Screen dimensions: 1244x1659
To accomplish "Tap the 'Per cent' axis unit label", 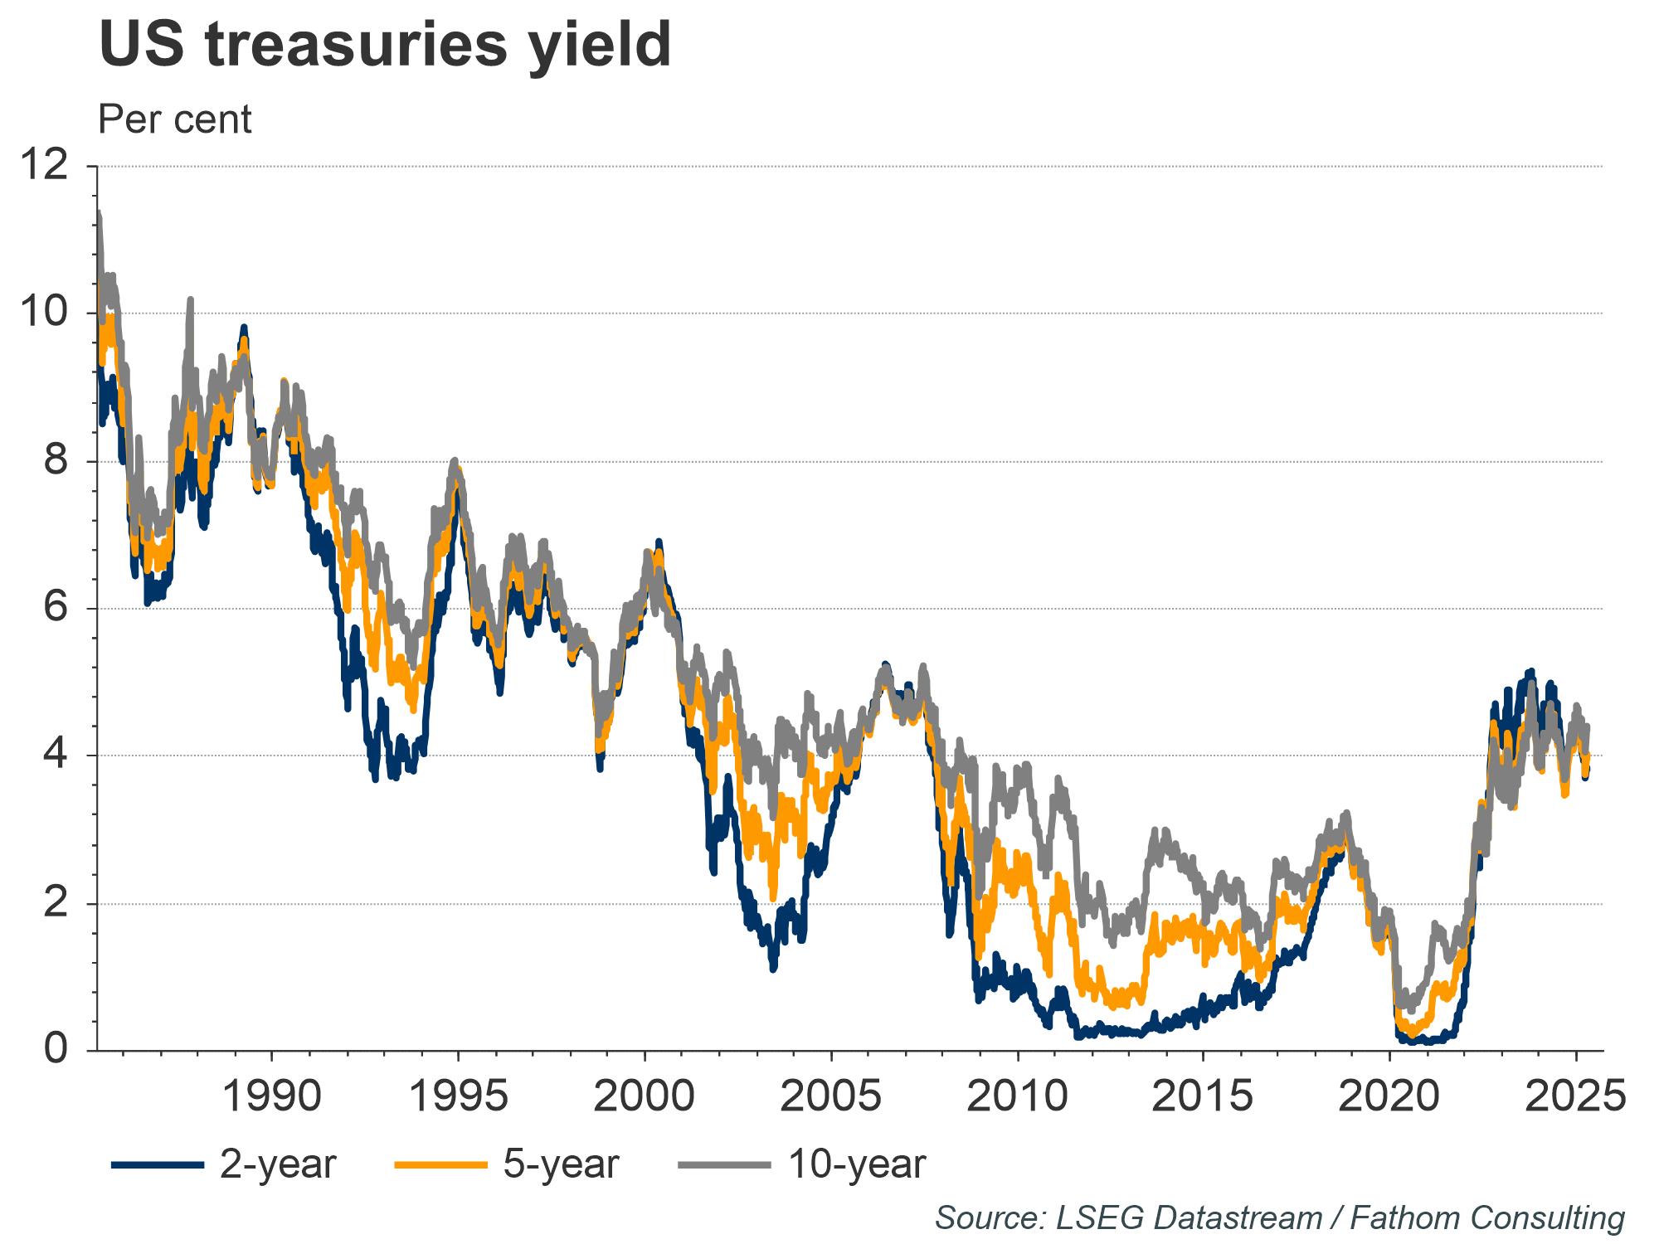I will click(x=175, y=119).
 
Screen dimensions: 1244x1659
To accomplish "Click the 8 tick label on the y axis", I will click(x=56, y=461).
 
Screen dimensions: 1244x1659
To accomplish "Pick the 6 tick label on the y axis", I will click(x=56, y=609).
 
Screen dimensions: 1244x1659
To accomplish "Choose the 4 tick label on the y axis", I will click(x=56, y=756).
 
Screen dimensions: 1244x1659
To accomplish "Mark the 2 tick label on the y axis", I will click(x=56, y=903).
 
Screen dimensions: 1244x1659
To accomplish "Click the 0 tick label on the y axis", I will click(x=56, y=1050).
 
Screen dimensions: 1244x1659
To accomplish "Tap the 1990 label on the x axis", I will click(x=272, y=1096).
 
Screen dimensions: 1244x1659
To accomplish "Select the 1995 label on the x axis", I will click(x=459, y=1096).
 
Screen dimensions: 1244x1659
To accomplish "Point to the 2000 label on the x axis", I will click(x=645, y=1096).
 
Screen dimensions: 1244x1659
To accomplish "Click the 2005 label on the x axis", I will click(x=831, y=1096).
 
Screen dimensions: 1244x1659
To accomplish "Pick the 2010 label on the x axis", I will click(x=1017, y=1096).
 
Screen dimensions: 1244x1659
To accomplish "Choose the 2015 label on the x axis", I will click(x=1204, y=1096).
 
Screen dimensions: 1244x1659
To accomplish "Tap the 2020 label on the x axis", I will click(x=1389, y=1096).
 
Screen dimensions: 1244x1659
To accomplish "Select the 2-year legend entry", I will click(x=224, y=1164).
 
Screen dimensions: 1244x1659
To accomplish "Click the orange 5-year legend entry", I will click(x=508, y=1164).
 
